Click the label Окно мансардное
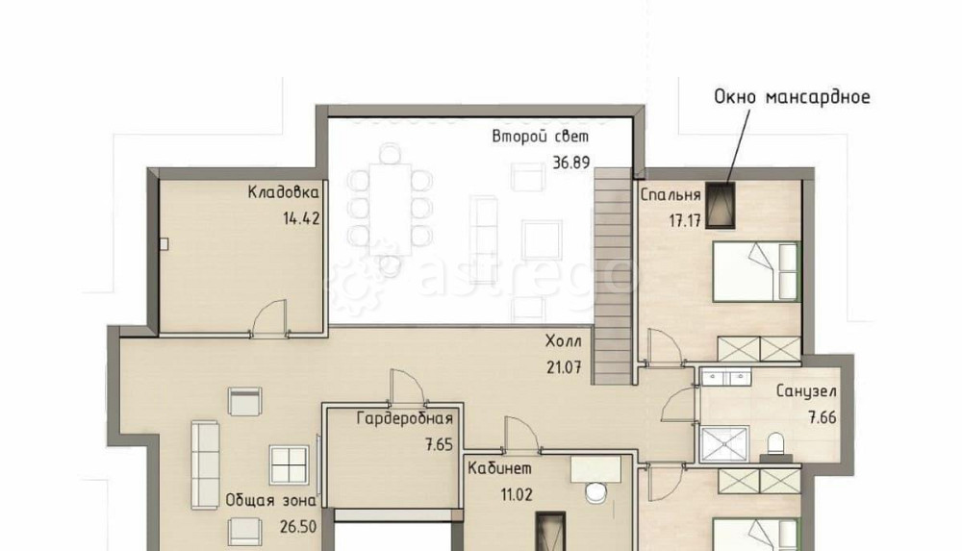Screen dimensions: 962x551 click(792, 97)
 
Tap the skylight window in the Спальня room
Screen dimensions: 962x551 click(721, 206)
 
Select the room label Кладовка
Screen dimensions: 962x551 click(284, 192)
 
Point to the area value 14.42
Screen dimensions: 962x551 click(301, 218)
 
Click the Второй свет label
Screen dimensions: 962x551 click(540, 137)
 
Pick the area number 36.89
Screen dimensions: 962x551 click(571, 163)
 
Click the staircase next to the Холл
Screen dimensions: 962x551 click(612, 276)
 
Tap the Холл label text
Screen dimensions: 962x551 click(563, 341)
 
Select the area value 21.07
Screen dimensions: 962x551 click(564, 367)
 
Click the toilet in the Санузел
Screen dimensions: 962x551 click(776, 445)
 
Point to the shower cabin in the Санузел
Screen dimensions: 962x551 click(724, 443)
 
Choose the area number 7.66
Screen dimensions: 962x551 click(823, 418)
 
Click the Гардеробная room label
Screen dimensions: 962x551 click(405, 418)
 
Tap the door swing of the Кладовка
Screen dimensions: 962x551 click(270, 316)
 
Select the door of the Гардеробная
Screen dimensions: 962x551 click(406, 388)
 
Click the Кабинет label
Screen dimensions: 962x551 click(499, 468)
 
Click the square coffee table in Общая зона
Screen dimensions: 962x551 click(289, 464)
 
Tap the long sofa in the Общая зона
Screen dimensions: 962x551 click(205, 464)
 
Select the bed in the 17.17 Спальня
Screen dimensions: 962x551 click(756, 271)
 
